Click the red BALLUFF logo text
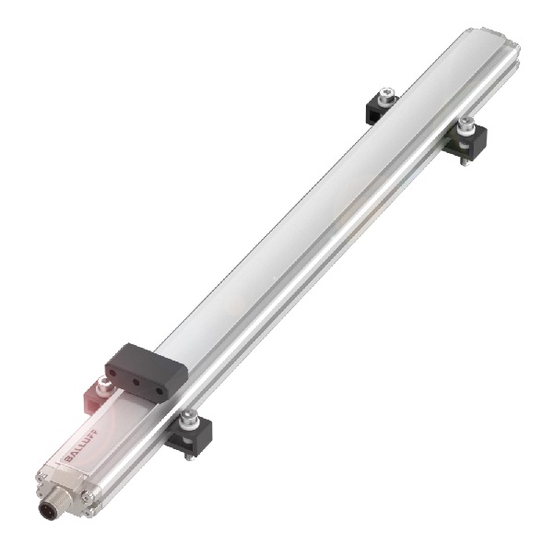[x=82, y=445]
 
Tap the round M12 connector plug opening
[x=47, y=510]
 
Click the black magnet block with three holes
[x=147, y=373]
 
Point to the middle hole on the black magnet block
[x=135, y=381]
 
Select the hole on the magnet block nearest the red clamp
[x=113, y=373]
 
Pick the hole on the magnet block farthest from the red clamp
[x=160, y=391]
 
